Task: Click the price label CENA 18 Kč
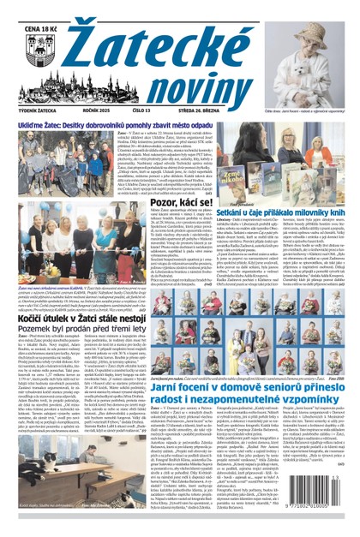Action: pos(24,10)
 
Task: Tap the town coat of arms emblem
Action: pos(22,39)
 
